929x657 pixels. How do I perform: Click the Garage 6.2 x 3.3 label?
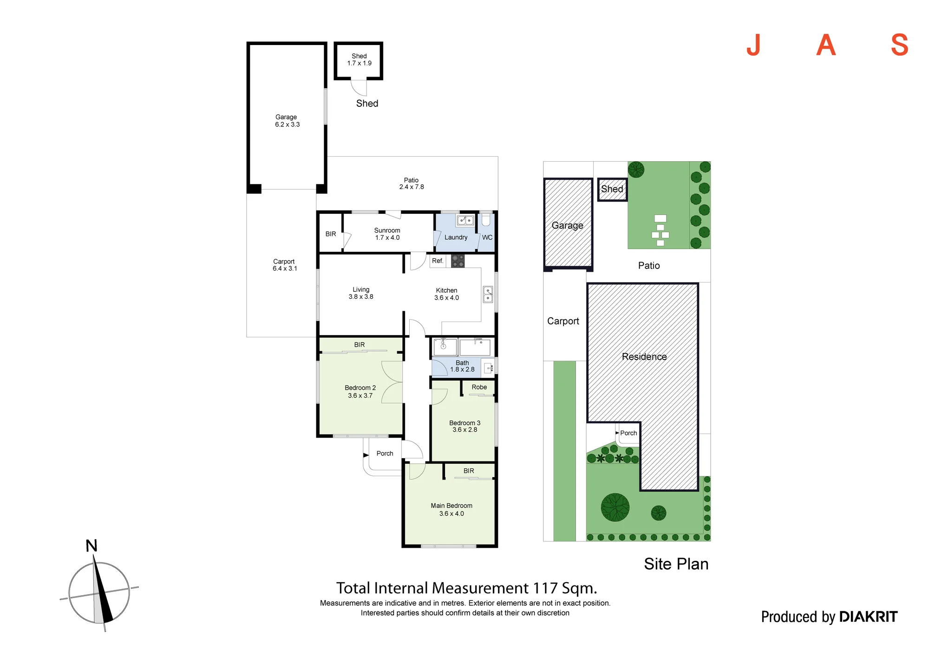287,121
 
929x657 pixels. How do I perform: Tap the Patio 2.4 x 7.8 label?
412,184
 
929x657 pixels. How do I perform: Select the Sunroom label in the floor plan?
387,230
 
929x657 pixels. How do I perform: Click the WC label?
487,237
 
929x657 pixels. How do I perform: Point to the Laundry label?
456,237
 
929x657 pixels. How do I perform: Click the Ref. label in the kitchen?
438,261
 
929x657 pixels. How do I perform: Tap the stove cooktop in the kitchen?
458,261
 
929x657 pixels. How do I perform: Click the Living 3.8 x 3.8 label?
361,293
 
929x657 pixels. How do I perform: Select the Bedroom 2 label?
360,388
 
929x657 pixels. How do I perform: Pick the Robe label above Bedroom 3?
479,387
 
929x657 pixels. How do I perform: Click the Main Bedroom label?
451,506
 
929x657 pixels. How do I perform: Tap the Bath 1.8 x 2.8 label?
462,366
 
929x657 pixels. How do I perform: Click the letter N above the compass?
92,546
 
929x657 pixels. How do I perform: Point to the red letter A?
826,45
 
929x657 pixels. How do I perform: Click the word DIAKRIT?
869,617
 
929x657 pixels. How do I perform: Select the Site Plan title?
676,564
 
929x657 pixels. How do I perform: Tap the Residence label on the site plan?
644,357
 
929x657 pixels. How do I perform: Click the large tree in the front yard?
615,507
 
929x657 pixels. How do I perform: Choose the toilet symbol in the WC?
486,219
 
